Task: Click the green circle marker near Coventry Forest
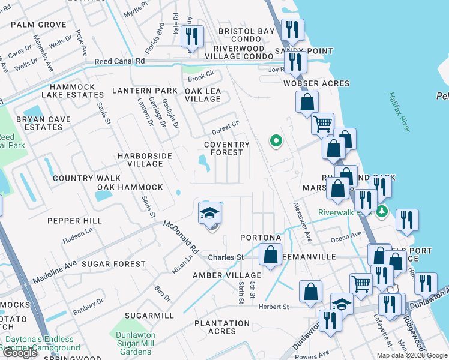coord(276,142)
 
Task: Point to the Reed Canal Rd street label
coord(118,62)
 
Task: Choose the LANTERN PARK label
coord(145,91)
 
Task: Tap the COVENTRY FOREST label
coord(226,148)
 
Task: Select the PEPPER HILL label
coord(75,221)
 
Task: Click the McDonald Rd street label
coord(181,236)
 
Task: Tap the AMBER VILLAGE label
coord(218,275)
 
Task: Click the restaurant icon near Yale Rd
coord(192,36)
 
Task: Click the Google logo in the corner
coord(20,353)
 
